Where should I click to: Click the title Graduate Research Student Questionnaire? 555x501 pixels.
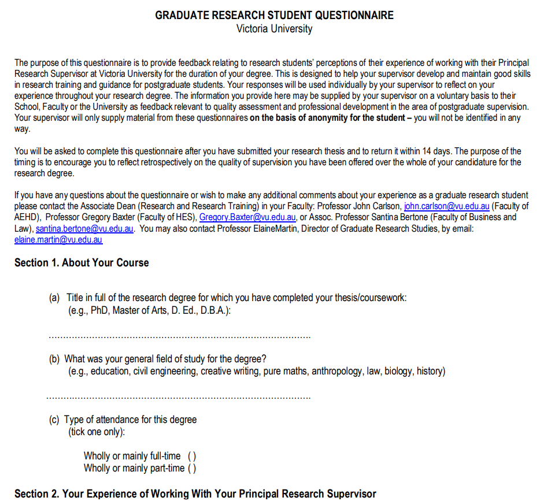click(x=274, y=16)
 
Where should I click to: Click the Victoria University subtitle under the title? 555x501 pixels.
click(x=274, y=28)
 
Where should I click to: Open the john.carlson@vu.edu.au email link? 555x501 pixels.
click(x=446, y=206)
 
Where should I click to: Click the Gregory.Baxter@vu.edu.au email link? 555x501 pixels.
click(x=247, y=217)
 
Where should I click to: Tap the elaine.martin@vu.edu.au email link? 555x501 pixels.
click(x=58, y=239)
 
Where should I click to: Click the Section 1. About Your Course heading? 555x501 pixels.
click(x=82, y=262)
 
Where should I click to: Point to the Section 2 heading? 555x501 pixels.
click(x=195, y=493)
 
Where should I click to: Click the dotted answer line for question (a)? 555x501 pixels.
click(x=179, y=336)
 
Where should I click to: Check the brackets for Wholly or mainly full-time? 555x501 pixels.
click(x=192, y=457)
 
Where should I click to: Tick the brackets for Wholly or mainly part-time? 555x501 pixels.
click(x=192, y=468)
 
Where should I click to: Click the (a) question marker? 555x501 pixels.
click(x=54, y=298)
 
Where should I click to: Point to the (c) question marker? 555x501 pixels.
click(x=54, y=420)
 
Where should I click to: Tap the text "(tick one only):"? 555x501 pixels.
click(x=97, y=432)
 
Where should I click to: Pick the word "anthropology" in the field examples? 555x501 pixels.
click(x=338, y=371)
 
